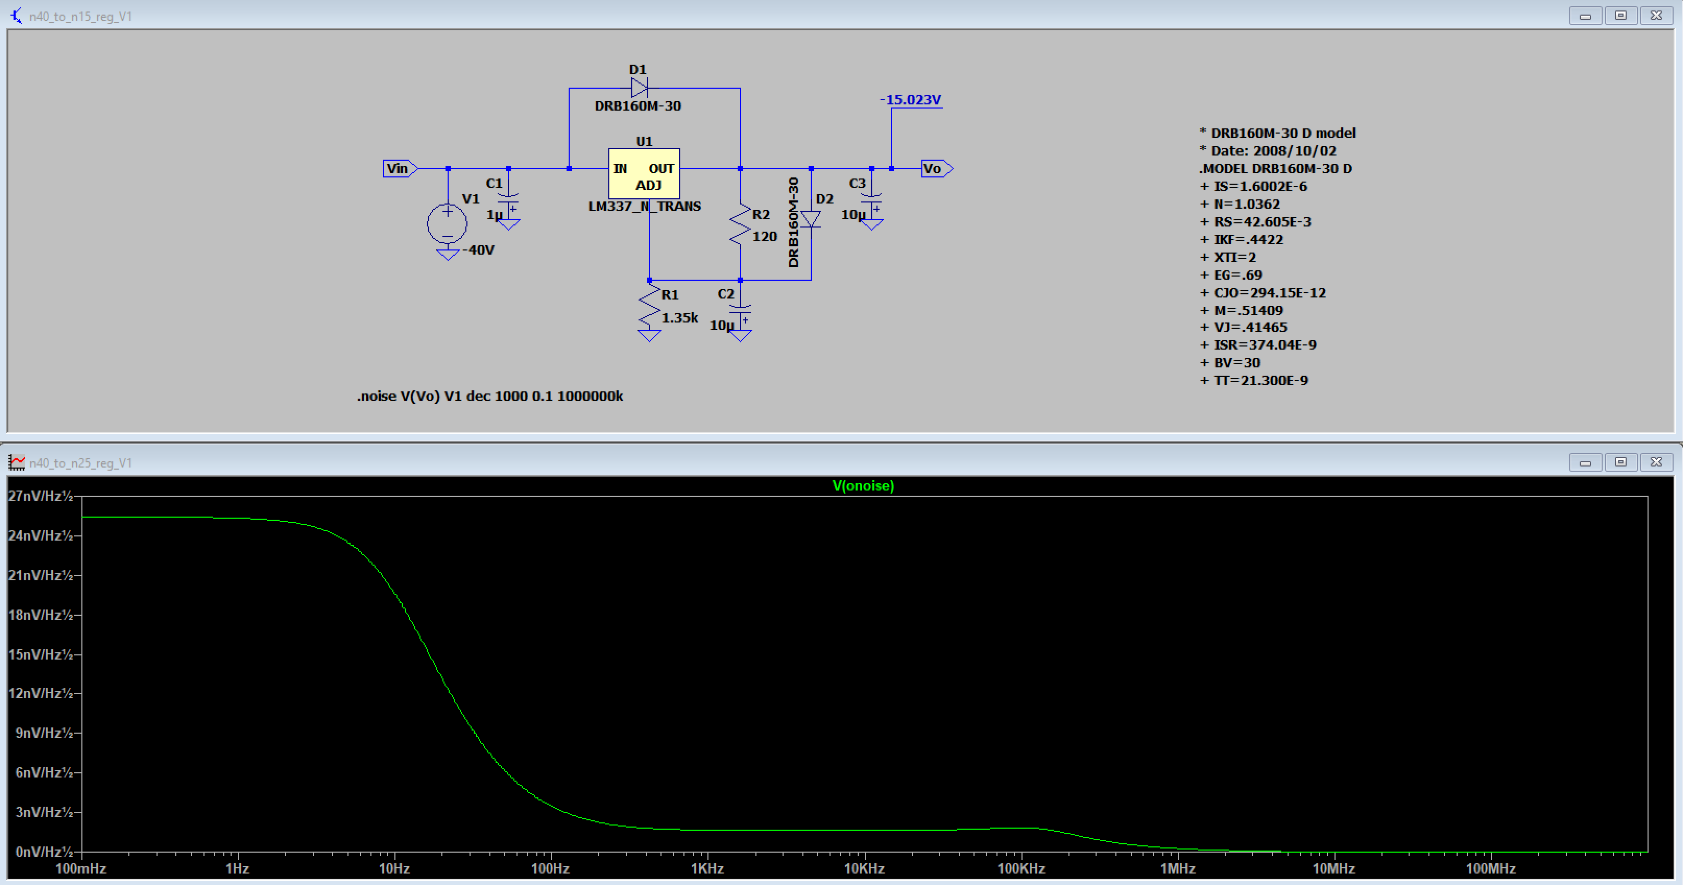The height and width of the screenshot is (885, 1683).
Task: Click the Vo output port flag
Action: tap(937, 169)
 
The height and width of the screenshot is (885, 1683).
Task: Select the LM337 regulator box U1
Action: tap(644, 174)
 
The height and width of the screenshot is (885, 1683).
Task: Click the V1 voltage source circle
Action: tap(448, 223)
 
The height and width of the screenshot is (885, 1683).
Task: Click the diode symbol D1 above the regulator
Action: tap(639, 88)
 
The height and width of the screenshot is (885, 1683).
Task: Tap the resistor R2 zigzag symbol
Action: tap(740, 225)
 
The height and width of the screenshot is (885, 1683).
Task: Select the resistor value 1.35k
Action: tap(679, 318)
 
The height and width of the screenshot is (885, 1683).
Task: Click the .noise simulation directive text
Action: tap(490, 396)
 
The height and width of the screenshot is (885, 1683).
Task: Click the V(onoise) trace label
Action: tap(863, 486)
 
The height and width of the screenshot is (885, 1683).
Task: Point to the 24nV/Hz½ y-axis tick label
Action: tap(41, 536)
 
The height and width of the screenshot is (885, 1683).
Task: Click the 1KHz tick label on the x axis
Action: tap(707, 869)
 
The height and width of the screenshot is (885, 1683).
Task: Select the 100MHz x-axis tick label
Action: tap(1491, 869)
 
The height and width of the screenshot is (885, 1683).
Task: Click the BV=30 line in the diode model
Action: tap(1230, 363)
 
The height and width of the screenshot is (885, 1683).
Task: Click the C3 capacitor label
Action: tap(857, 184)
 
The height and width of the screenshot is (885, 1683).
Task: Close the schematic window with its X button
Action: tap(1656, 15)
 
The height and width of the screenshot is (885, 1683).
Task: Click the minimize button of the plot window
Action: tap(1585, 462)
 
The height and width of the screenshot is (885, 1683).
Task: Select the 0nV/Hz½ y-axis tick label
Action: tap(41, 852)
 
